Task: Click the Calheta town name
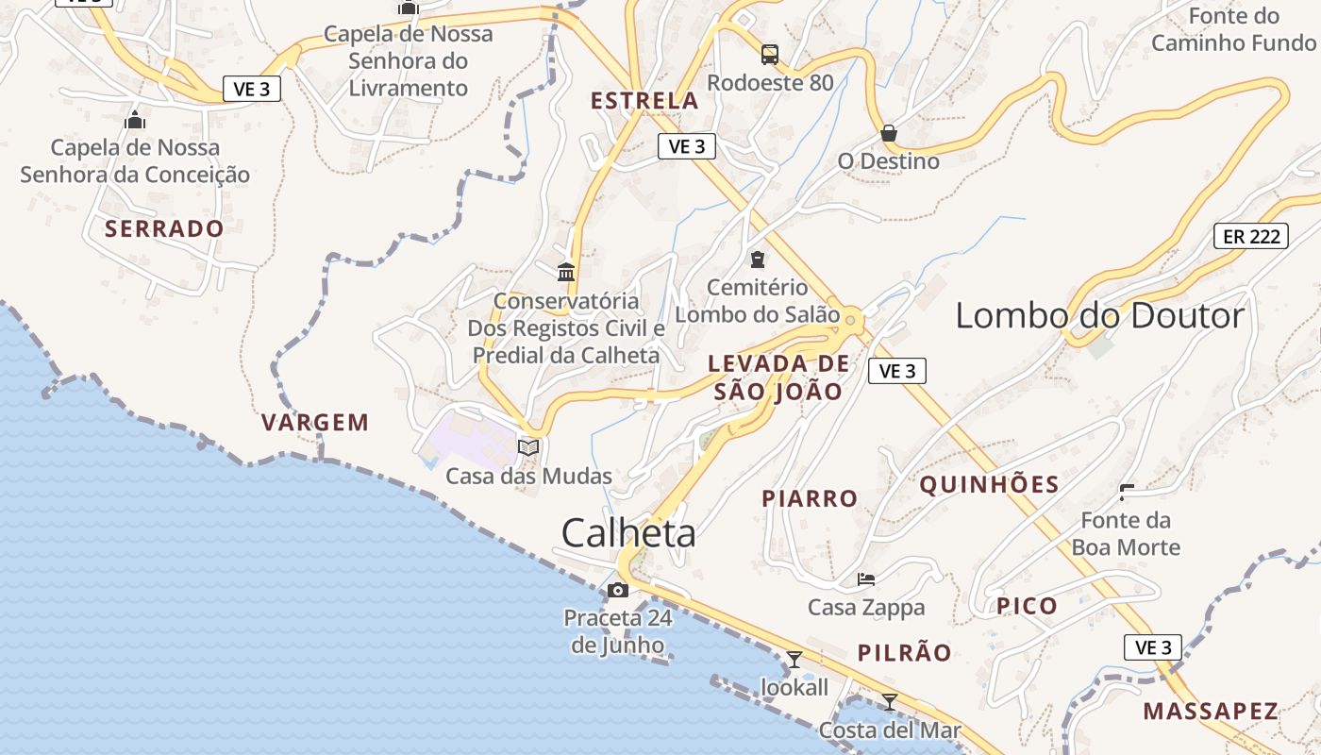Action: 628,533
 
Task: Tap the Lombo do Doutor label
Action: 1100,315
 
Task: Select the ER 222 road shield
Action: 1251,236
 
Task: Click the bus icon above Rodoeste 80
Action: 770,54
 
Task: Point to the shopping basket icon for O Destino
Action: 889,133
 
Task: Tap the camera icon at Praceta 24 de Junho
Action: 618,591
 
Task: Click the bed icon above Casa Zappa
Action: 866,579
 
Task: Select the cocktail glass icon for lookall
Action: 794,660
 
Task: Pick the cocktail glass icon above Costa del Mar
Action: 889,701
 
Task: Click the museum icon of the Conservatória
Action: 566,273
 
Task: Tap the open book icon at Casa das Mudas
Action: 528,447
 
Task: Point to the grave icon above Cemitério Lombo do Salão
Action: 758,259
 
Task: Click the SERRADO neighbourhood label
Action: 164,228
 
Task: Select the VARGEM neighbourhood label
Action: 315,422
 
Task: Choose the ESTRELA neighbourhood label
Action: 644,101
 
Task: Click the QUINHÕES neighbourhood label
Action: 989,485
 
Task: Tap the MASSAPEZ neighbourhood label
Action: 1211,711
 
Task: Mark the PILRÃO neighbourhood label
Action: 905,652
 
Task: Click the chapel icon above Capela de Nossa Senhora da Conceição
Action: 135,120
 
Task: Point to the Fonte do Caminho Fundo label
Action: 1233,29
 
